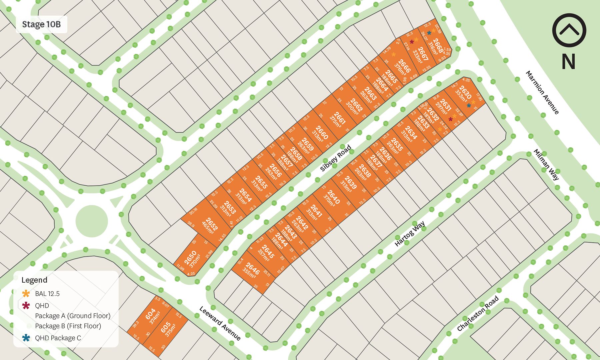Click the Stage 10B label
coord(41,24)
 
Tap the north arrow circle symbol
coord(569,30)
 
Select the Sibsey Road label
coord(336,158)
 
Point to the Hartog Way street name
coord(410,233)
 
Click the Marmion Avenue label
coord(542,92)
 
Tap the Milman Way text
coord(546,164)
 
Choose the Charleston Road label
coord(478,313)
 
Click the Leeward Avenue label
coord(220,323)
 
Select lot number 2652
coord(211,224)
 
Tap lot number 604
coord(151,314)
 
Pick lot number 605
coord(166,327)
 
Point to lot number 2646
coord(253,269)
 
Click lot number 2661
coord(339,118)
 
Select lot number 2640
coord(333,197)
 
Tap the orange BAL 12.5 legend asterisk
coord(26,294)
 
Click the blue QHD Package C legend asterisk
coord(26,338)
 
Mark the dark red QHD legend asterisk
coord(26,305)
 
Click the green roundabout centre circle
coord(92,221)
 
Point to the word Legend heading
coord(34,280)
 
